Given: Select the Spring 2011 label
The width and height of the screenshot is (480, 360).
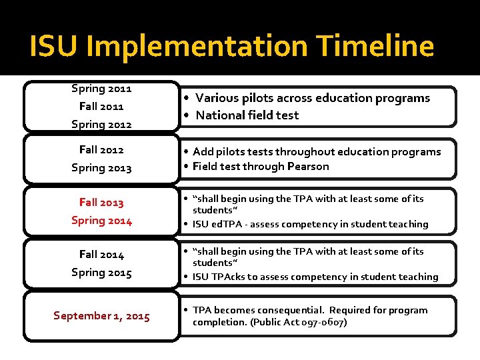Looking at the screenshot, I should [x=101, y=88].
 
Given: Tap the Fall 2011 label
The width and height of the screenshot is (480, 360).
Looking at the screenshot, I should [x=101, y=106].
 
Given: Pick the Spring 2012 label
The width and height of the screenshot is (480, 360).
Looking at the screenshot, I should [x=101, y=124].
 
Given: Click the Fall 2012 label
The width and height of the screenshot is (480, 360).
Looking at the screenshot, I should [x=101, y=150].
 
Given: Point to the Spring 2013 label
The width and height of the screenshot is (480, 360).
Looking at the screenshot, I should [x=101, y=168].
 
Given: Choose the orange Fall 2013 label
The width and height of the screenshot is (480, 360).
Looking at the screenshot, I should [x=101, y=203].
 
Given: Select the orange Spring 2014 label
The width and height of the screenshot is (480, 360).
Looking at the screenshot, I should [x=101, y=221].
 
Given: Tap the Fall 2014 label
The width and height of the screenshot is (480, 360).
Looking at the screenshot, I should [x=101, y=255].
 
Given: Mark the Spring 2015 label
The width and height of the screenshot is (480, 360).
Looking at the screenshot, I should [x=101, y=273].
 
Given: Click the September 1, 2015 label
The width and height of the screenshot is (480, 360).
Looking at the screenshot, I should [x=101, y=316].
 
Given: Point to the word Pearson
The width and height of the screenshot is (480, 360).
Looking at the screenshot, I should [x=309, y=167].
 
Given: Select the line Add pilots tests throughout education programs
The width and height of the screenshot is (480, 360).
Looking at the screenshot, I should [x=317, y=151].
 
